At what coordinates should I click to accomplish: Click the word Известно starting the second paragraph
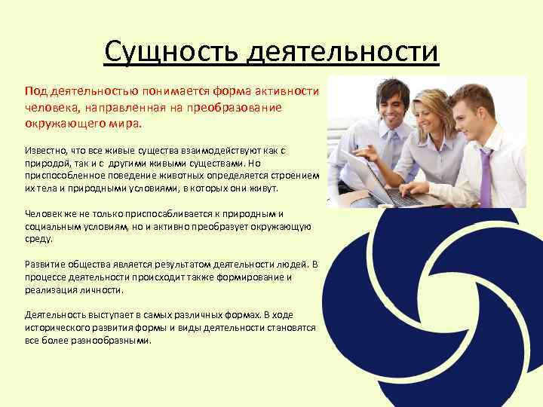point(46,150)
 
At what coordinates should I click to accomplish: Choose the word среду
point(38,238)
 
